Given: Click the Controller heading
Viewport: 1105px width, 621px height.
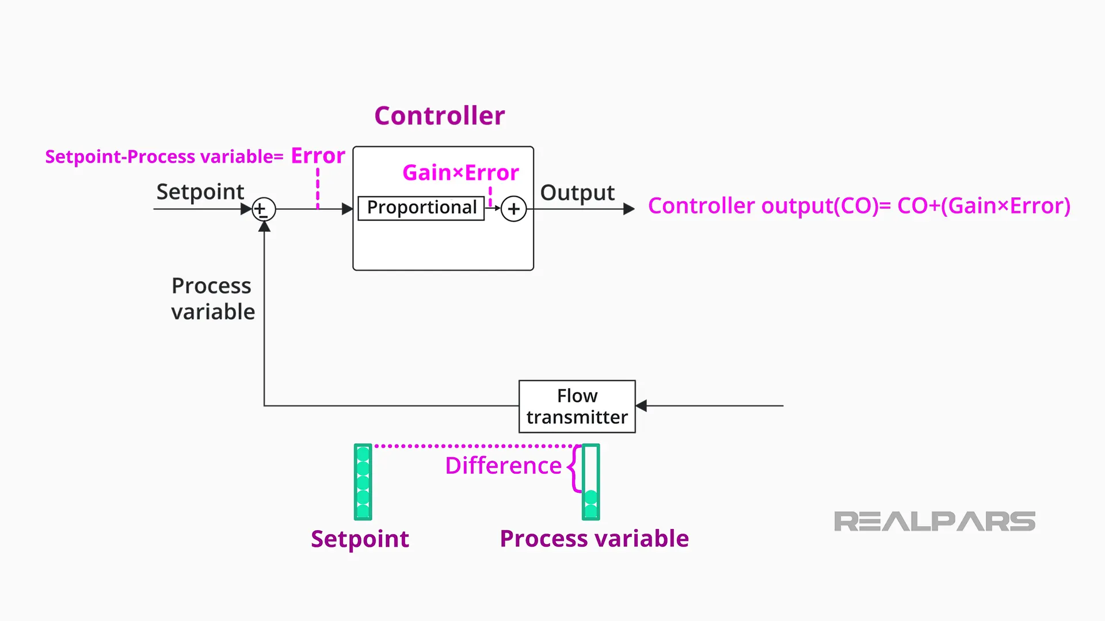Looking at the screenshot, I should (x=440, y=116).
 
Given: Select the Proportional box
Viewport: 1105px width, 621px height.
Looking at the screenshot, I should (x=421, y=208).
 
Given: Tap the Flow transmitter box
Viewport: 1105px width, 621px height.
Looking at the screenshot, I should (x=577, y=406).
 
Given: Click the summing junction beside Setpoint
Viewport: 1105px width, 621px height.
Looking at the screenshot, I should (x=264, y=209).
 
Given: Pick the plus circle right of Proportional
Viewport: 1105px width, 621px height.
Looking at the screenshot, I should (x=513, y=209).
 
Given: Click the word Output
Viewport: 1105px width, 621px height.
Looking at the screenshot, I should (x=577, y=193).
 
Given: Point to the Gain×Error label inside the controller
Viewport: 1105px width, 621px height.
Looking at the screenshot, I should (x=460, y=172).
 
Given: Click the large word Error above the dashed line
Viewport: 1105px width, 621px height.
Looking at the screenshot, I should (x=318, y=155).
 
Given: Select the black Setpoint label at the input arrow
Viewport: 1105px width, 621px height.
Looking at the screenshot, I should (x=200, y=191).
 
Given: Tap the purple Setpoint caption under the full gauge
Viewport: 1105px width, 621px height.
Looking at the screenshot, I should (x=360, y=539).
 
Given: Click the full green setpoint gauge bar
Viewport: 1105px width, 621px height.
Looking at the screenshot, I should (x=363, y=482).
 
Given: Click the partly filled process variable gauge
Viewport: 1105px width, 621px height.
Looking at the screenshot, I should (x=590, y=482).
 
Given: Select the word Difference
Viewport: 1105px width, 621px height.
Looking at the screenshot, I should (x=503, y=465).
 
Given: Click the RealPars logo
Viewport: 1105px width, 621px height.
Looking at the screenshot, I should (x=934, y=522).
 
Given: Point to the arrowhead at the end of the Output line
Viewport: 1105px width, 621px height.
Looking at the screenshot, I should (x=629, y=209).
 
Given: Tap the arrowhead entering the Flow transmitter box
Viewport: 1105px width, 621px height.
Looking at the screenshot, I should (x=641, y=406).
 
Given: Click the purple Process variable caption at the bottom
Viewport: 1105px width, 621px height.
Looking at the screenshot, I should (x=594, y=539).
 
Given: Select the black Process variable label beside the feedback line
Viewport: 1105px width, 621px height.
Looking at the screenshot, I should (x=212, y=298).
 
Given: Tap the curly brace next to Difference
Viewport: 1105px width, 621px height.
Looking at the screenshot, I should (x=574, y=469).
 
